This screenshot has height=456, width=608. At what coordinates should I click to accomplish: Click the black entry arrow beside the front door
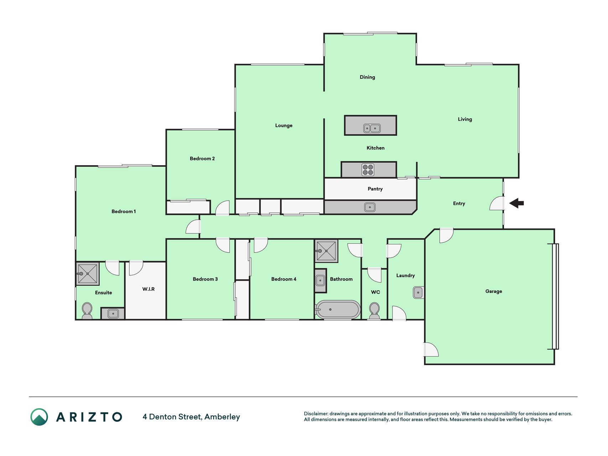pyautogui.click(x=516, y=203)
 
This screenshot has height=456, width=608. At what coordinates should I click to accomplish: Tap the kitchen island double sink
pyautogui.click(x=372, y=128)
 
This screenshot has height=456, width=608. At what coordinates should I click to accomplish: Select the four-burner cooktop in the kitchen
pyautogui.click(x=368, y=170)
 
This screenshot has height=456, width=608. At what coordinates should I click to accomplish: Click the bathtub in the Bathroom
pyautogui.click(x=338, y=309)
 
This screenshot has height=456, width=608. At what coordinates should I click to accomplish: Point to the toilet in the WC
pyautogui.click(x=374, y=311)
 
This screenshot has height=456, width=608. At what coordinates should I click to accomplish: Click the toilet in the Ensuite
pyautogui.click(x=87, y=311)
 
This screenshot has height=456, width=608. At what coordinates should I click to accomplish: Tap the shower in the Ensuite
pyautogui.click(x=88, y=274)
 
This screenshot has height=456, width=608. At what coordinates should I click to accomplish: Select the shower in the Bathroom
pyautogui.click(x=326, y=251)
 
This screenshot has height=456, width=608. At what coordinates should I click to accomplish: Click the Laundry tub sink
pyautogui.click(x=418, y=292)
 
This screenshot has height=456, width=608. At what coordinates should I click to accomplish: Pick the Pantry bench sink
pyautogui.click(x=370, y=207)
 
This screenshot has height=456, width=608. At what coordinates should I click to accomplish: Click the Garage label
pyautogui.click(x=494, y=291)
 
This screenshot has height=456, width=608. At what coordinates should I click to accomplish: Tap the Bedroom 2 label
pyautogui.click(x=202, y=159)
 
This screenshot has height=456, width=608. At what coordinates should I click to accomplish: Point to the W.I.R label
pyautogui.click(x=149, y=289)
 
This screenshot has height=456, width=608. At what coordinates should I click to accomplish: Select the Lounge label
pyautogui.click(x=284, y=125)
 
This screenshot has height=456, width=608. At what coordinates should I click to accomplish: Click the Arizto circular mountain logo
pyautogui.click(x=39, y=417)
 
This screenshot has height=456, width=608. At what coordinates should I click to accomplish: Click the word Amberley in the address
pyautogui.click(x=222, y=417)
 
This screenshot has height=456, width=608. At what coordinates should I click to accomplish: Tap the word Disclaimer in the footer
pyautogui.click(x=316, y=414)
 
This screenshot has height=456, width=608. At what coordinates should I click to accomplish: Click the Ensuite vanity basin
pyautogui.click(x=113, y=313)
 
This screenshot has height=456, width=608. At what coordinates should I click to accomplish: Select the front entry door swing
pyautogui.click(x=497, y=203)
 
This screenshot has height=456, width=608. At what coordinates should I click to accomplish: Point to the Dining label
pyautogui.click(x=367, y=77)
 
